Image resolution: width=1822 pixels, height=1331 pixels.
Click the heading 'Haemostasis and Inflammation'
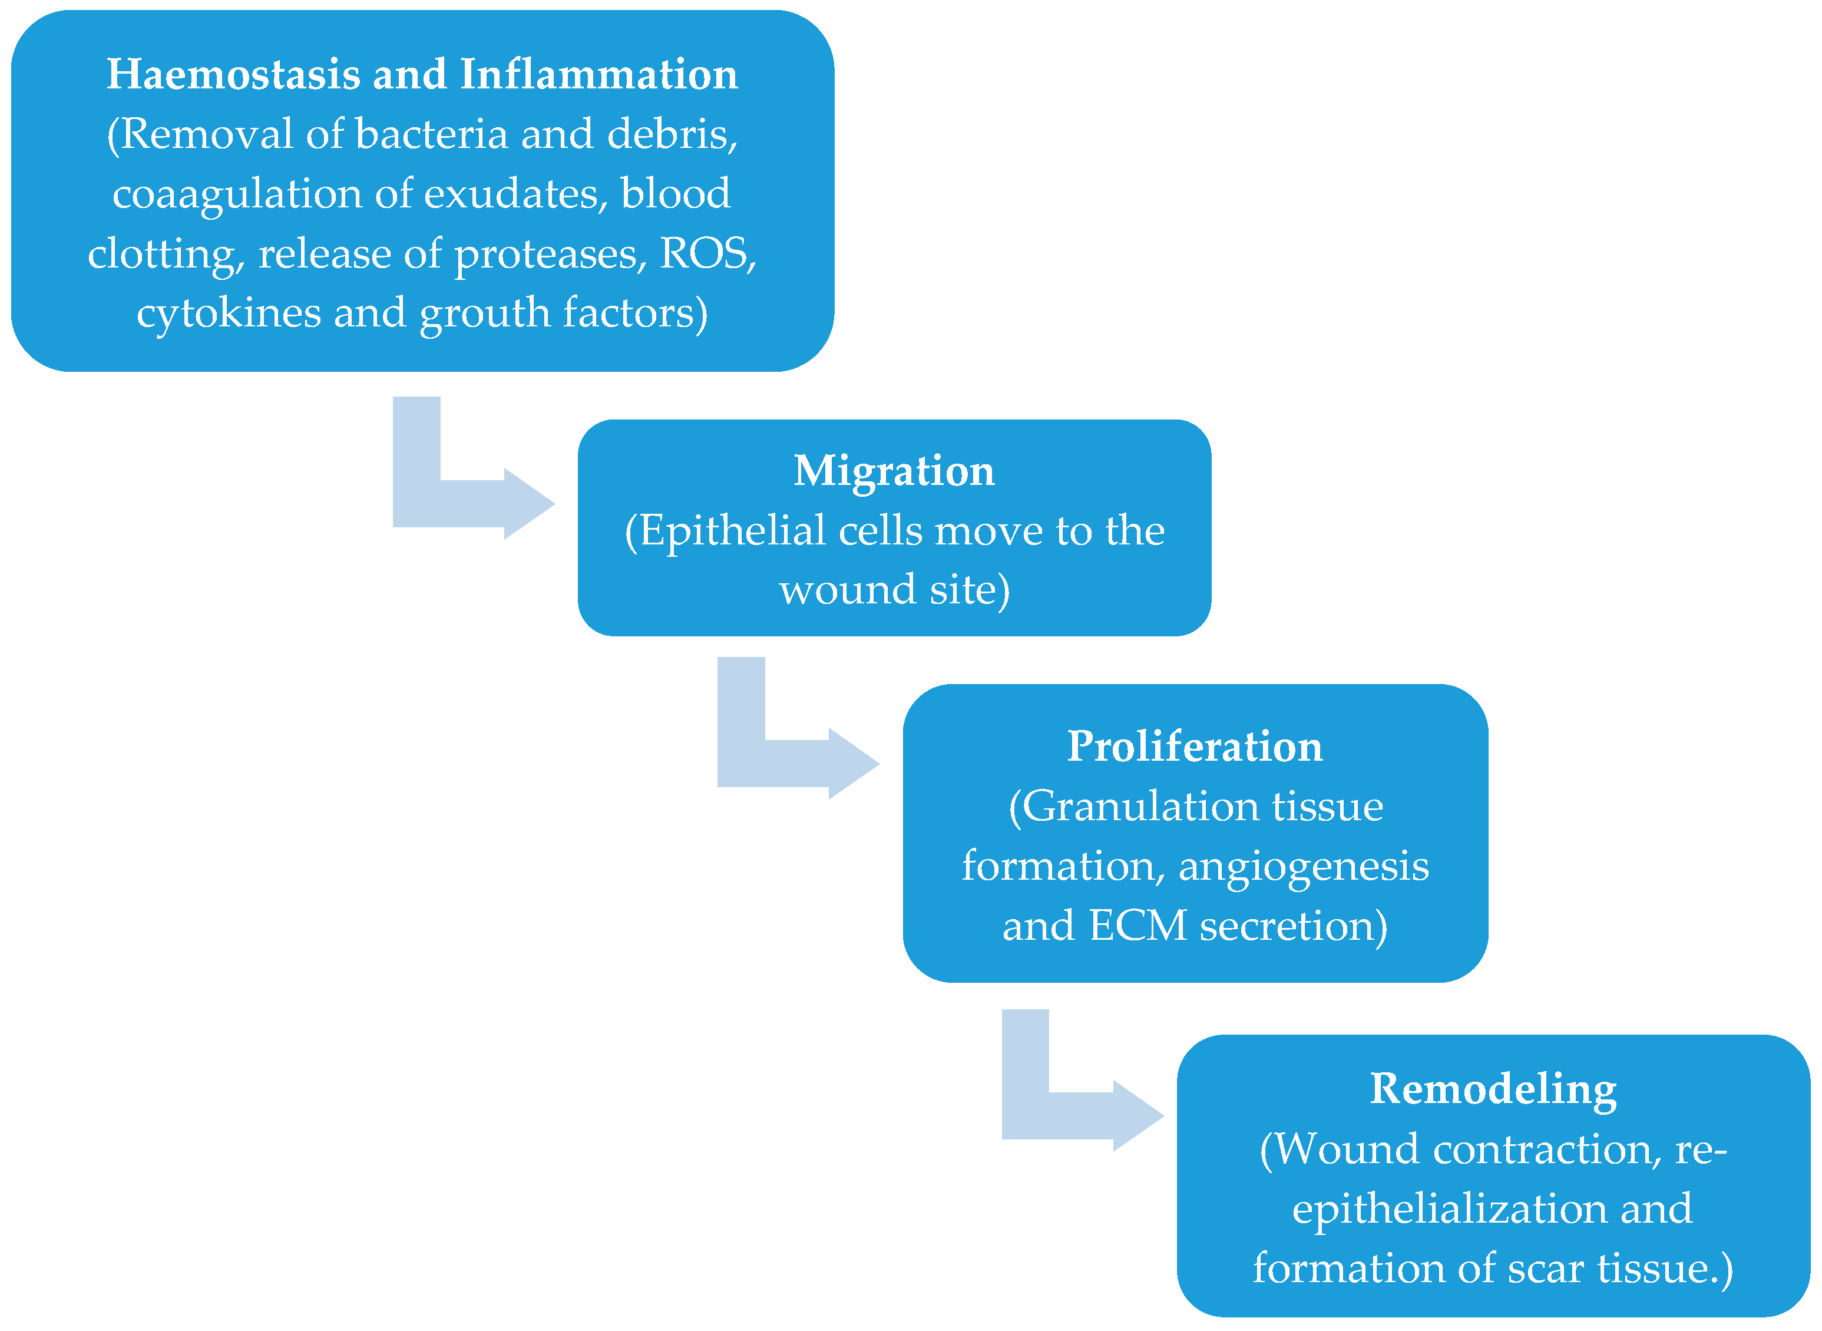click(422, 74)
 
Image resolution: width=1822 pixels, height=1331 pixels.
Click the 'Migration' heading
click(894, 471)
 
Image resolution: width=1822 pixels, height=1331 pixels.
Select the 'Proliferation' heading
click(1195, 746)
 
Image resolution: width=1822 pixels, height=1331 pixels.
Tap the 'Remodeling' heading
click(1493, 1089)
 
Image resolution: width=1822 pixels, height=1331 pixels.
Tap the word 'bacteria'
click(432, 134)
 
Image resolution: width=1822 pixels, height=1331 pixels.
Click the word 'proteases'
click(550, 255)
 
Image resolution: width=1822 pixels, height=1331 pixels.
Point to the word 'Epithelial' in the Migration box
click(732, 531)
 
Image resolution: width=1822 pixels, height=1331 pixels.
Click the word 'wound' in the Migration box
click(847, 590)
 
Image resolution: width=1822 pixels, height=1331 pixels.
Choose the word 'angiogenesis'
click(1303, 867)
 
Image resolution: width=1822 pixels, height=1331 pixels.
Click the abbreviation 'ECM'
click(1138, 926)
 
